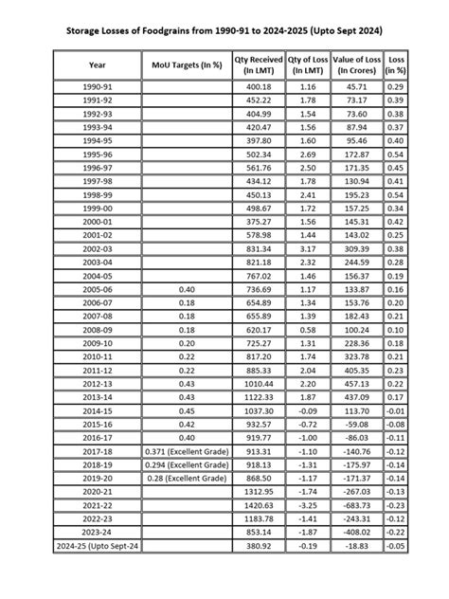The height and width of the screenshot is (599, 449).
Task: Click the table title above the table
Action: point(224,32)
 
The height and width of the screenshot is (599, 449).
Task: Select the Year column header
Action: point(98,65)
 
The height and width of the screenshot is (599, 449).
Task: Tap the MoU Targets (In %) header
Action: point(187,65)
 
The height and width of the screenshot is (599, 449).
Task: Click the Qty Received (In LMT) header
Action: point(259,65)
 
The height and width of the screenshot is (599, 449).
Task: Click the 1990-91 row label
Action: point(98,87)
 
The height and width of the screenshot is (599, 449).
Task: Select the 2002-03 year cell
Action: point(98,247)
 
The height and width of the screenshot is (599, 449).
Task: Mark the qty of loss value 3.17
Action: point(307,247)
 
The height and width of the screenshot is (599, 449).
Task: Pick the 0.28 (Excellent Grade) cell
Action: point(187,481)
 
